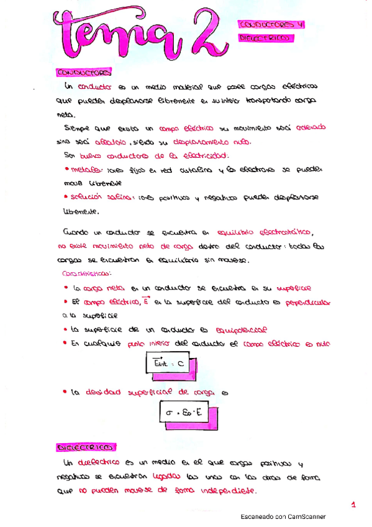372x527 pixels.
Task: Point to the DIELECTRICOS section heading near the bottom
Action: pyautogui.click(x=86, y=447)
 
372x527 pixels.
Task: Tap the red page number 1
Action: pyautogui.click(x=353, y=505)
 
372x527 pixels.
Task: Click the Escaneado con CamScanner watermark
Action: pyautogui.click(x=283, y=516)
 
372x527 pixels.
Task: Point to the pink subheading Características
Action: pyautogui.click(x=87, y=273)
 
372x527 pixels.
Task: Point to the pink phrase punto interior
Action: pyautogui.click(x=145, y=344)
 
